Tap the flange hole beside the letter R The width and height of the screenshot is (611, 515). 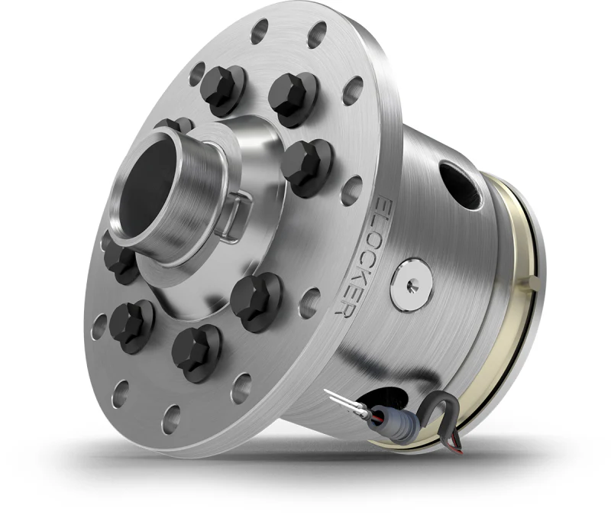pyautogui.click(x=309, y=302)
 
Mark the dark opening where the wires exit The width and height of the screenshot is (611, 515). pyautogui.click(x=382, y=397)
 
